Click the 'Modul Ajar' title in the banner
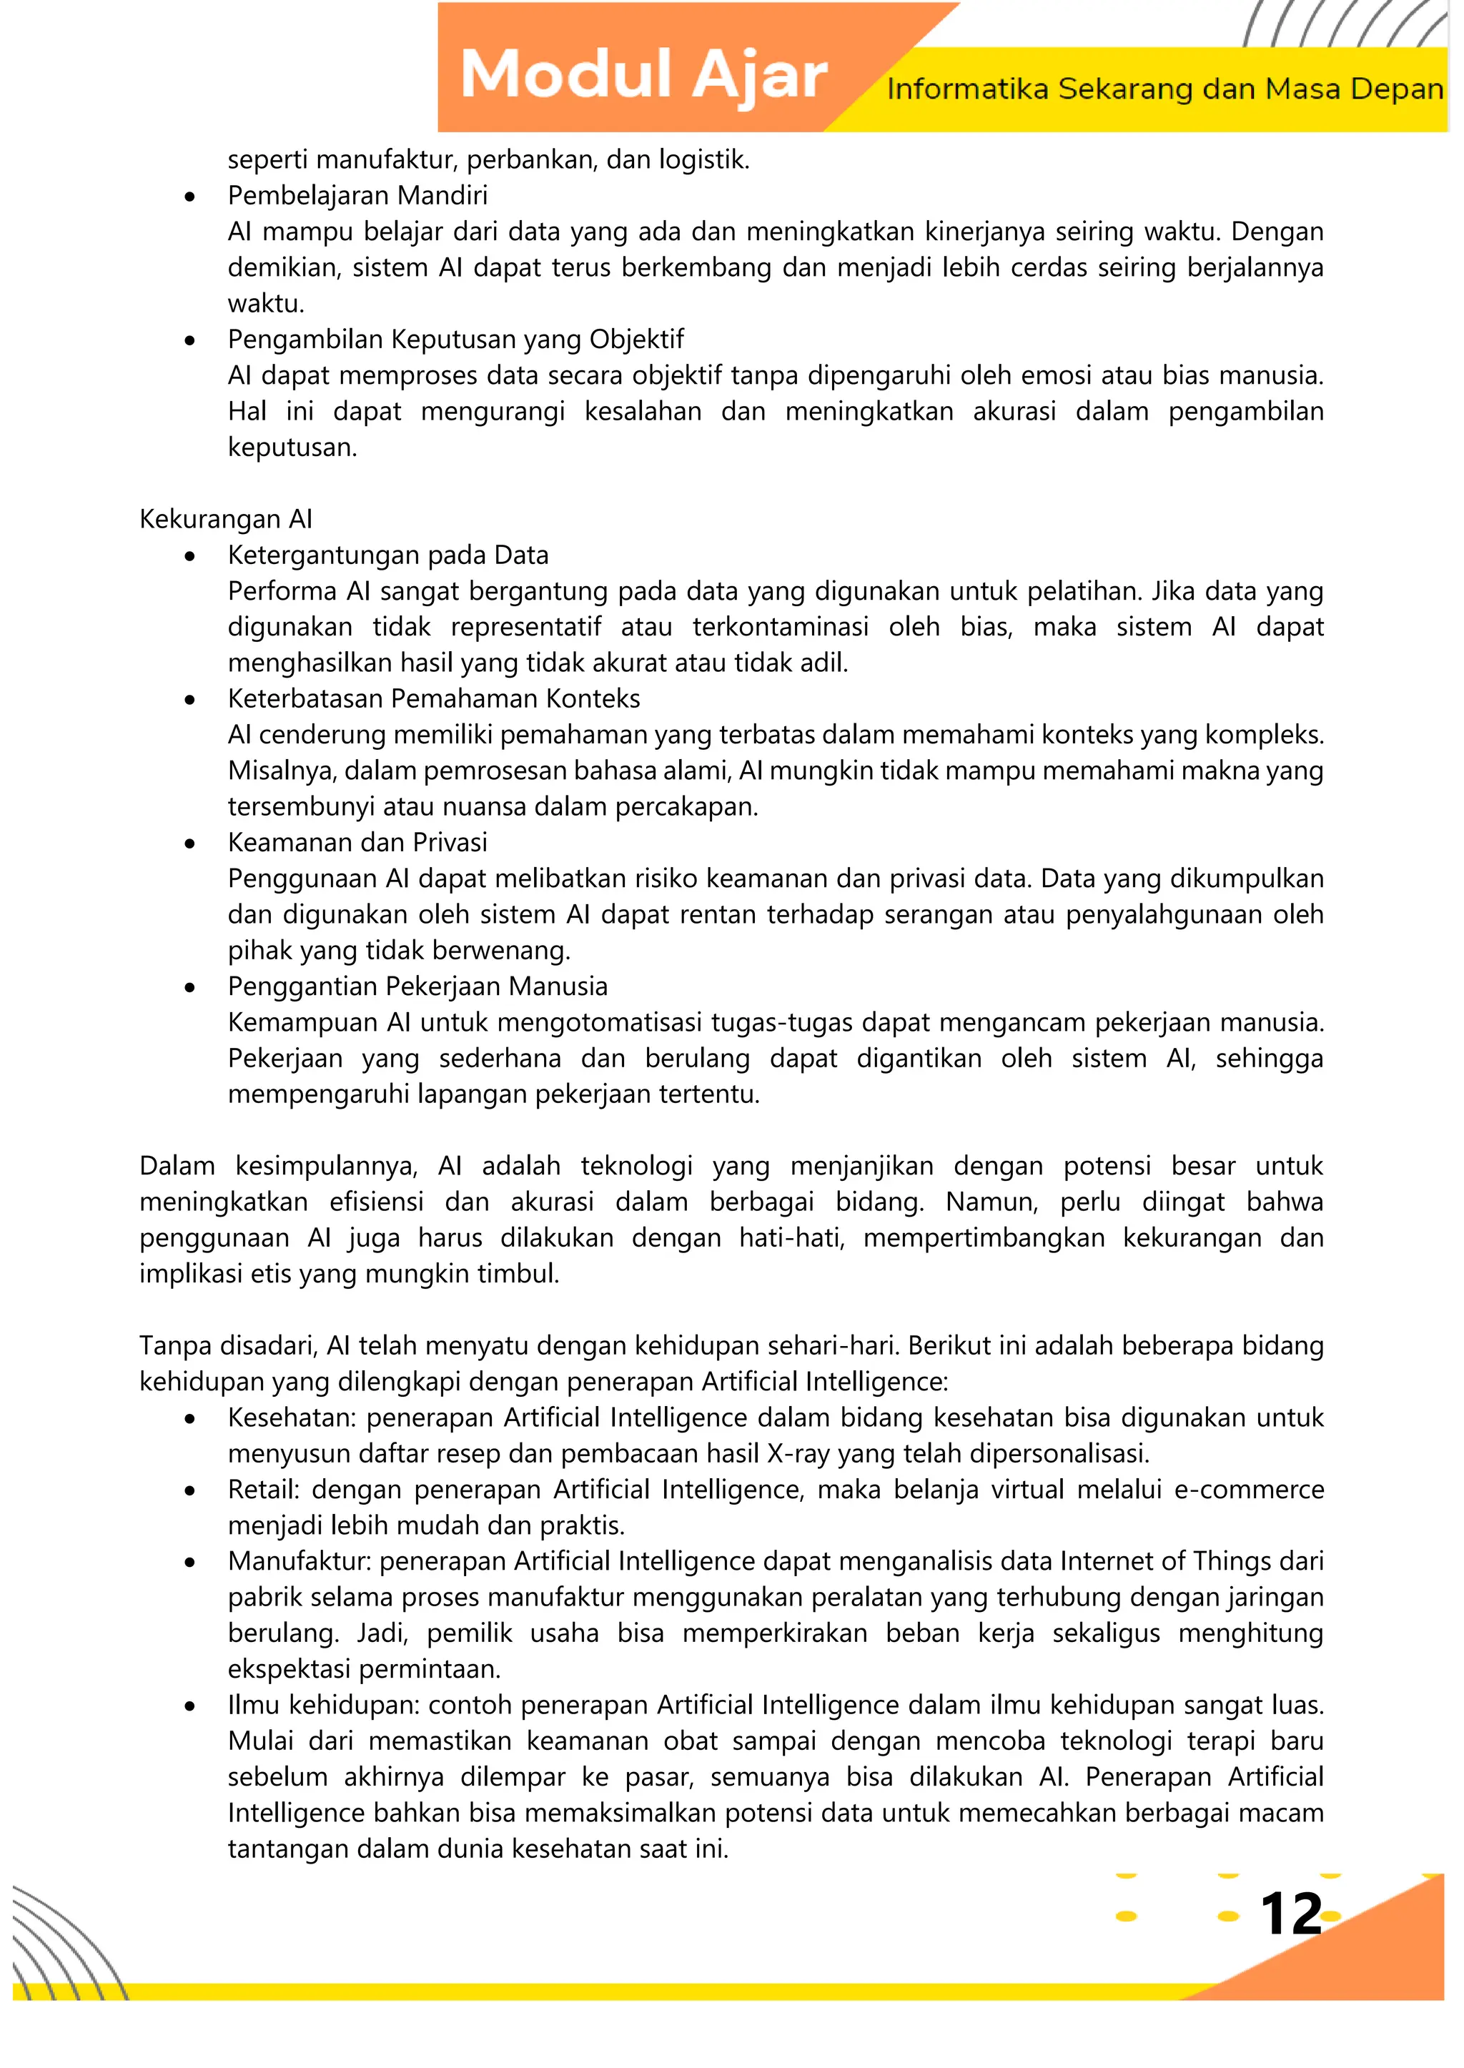(643, 75)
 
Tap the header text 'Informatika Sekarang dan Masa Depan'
(1164, 89)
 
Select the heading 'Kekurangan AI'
(225, 519)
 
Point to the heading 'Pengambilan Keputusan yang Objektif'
(455, 340)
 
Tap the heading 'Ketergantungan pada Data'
(387, 555)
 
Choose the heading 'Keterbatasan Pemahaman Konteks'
(434, 698)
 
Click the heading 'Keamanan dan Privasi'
(357, 843)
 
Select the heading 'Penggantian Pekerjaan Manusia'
(417, 986)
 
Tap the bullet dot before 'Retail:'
(189, 1492)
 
